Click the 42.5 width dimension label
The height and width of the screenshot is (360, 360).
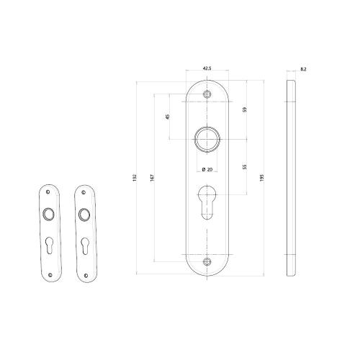click(207, 68)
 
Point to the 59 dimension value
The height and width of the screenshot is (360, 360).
click(245, 110)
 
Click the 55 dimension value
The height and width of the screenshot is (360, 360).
click(245, 166)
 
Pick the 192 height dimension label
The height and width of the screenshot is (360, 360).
click(134, 177)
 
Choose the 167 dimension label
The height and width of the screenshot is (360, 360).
click(150, 177)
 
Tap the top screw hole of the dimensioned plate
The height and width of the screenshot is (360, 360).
click(207, 94)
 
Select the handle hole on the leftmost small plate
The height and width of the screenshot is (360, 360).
click(48, 213)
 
